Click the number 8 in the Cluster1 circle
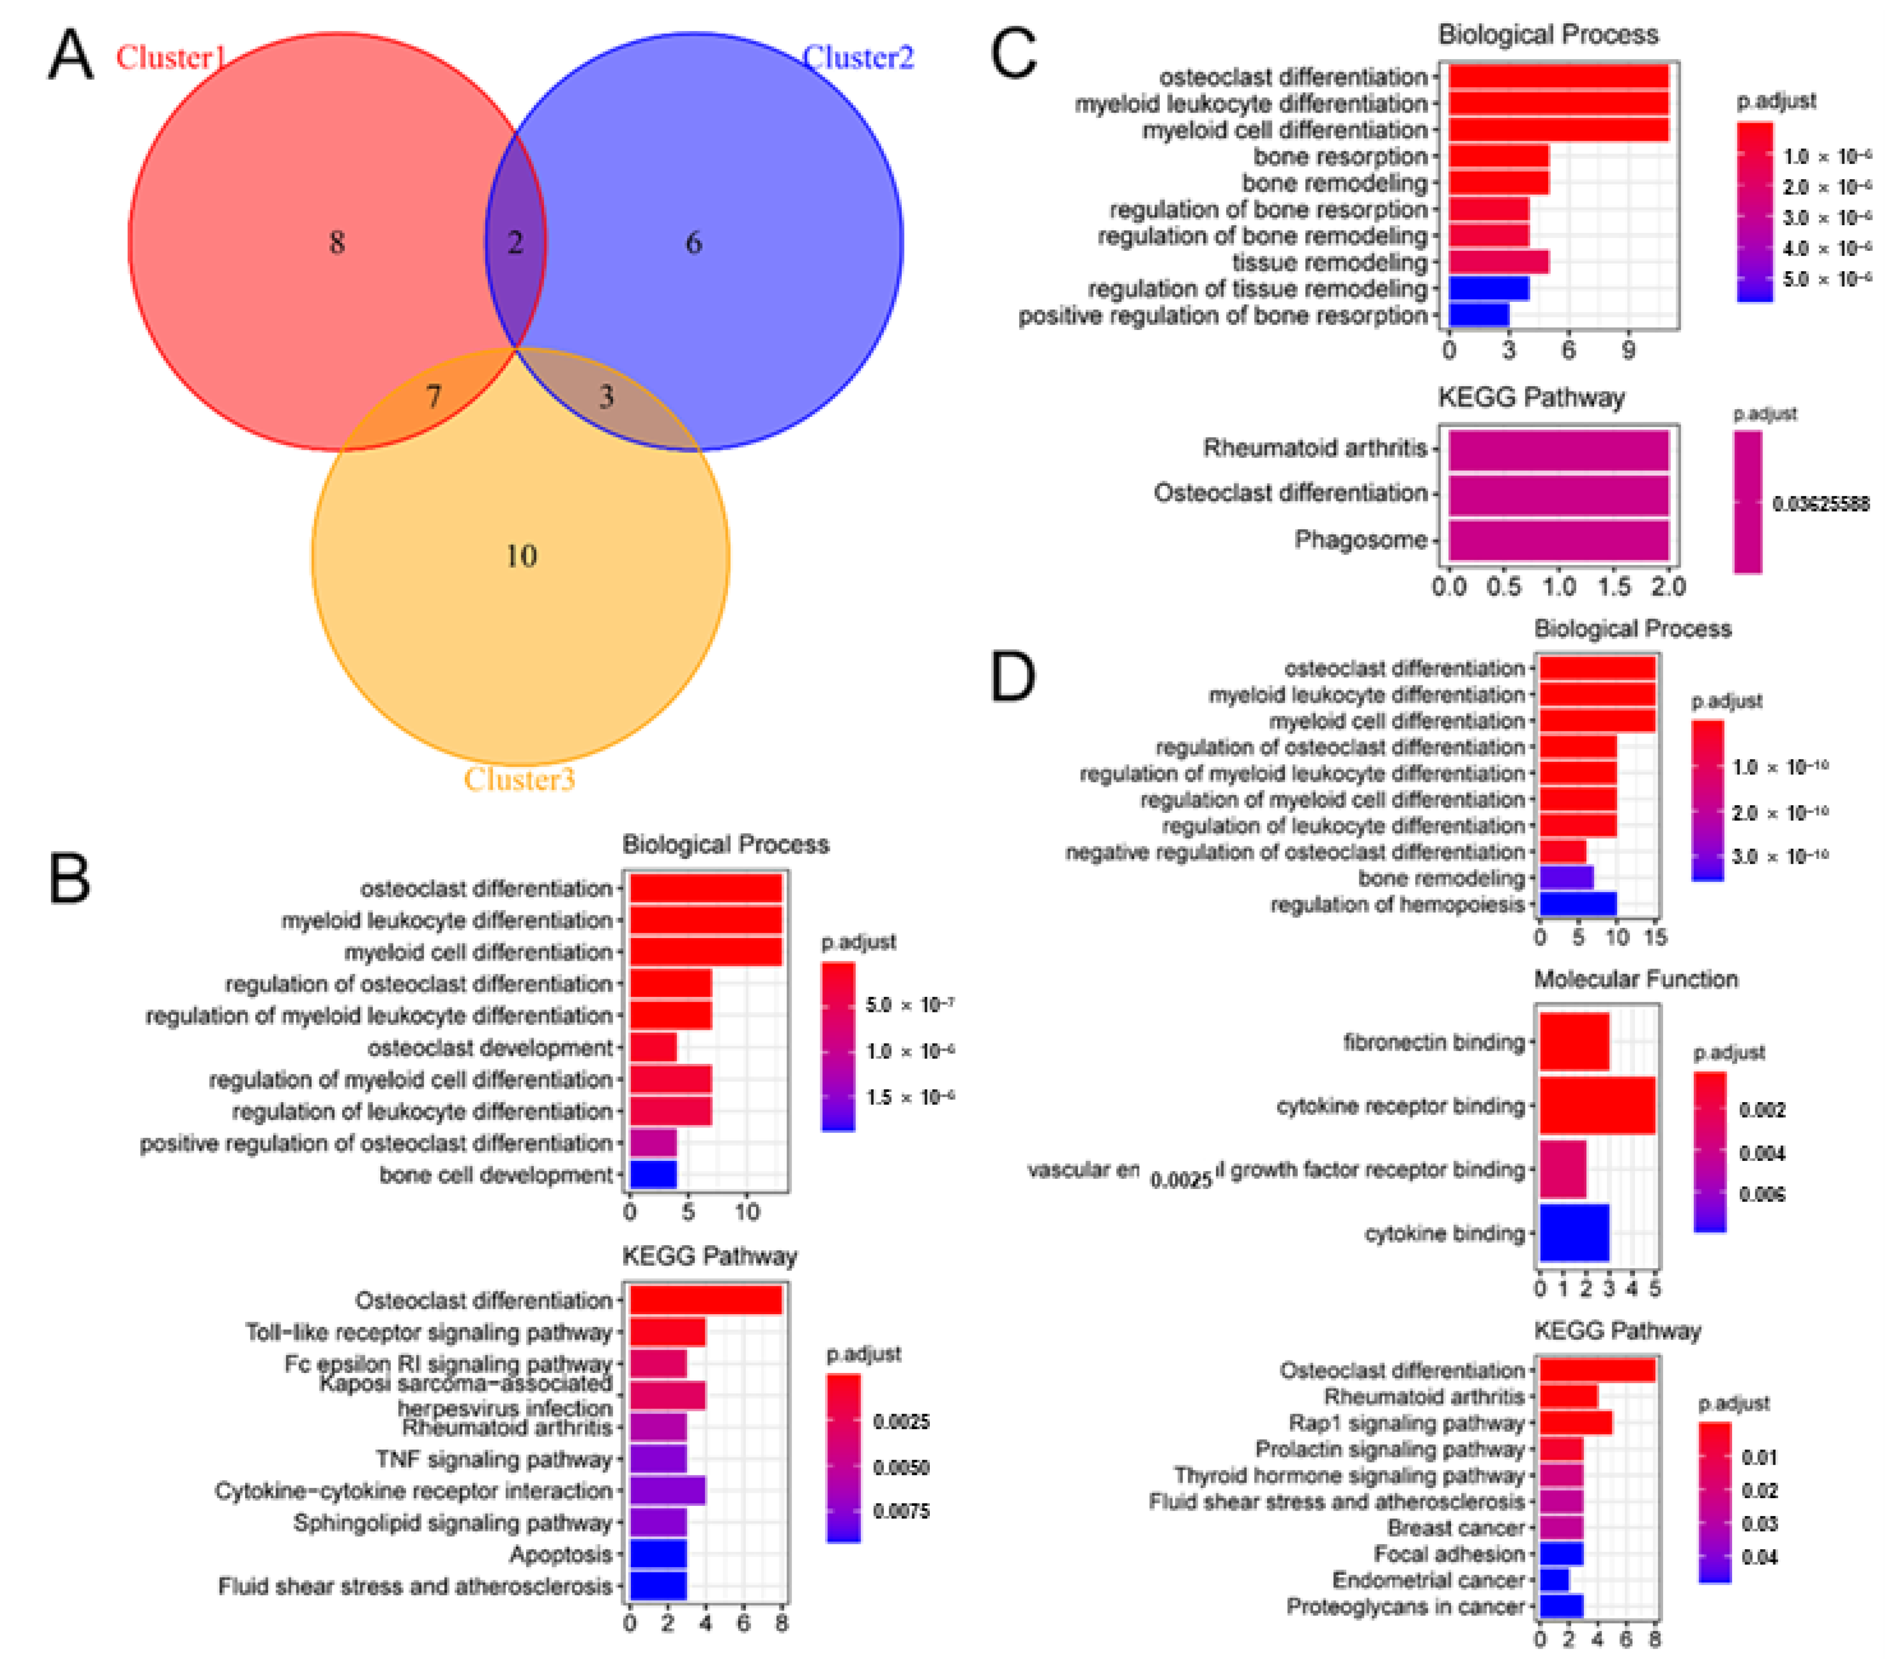click(x=337, y=243)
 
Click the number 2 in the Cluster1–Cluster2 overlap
click(x=515, y=243)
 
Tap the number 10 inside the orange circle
click(x=521, y=556)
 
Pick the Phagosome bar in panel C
click(x=1558, y=540)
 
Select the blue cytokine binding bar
click(x=1574, y=1232)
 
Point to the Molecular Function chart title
click(x=1635, y=979)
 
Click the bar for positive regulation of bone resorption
click(x=1478, y=315)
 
